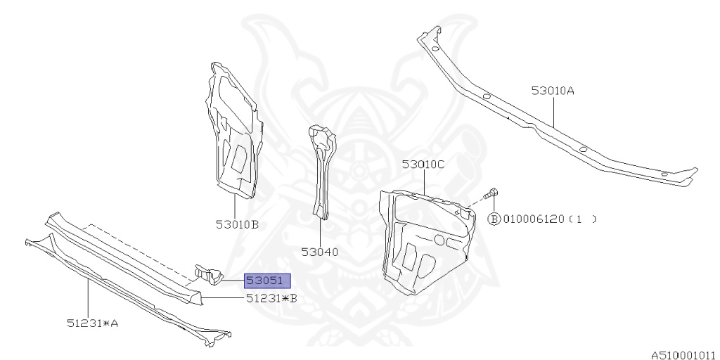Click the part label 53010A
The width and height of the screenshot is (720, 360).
tap(553, 91)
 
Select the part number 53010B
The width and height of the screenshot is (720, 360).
tap(238, 225)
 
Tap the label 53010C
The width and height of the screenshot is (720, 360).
tap(424, 165)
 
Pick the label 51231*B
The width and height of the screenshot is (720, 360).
tap(271, 298)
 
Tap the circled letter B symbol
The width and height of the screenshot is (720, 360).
tap(494, 219)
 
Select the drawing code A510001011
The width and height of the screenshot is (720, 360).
tap(683, 354)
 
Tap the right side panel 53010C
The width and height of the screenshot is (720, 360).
tap(422, 239)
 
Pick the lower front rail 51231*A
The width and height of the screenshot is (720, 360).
tap(127, 288)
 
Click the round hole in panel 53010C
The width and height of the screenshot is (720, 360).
tap(439, 240)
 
